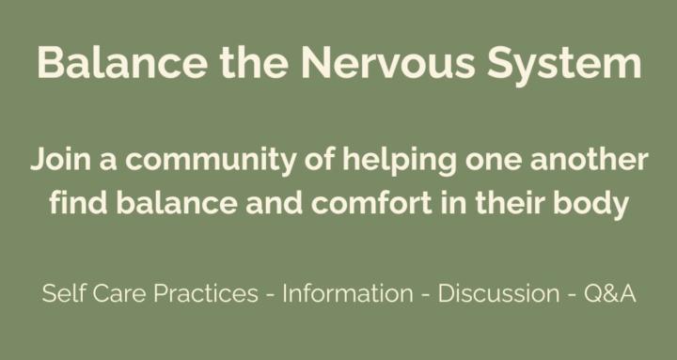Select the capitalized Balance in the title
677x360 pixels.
coord(117,65)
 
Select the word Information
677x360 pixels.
coord(347,294)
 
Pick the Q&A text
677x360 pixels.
coord(610,294)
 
